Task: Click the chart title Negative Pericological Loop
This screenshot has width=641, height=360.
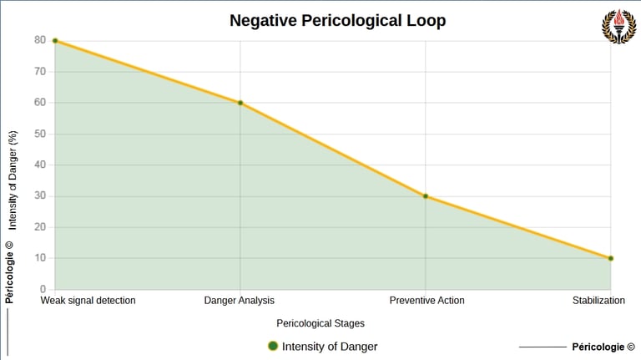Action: tap(337, 21)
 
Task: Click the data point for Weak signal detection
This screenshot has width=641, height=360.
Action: tap(55, 41)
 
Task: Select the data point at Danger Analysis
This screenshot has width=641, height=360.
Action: tap(240, 103)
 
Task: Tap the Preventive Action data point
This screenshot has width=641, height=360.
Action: tap(426, 196)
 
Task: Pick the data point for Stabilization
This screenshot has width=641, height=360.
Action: tap(611, 258)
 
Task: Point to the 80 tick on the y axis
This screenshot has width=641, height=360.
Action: tap(39, 40)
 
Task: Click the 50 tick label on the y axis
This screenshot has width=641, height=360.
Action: tap(39, 134)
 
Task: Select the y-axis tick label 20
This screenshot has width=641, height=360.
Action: tap(39, 227)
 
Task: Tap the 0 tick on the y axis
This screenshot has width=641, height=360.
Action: tap(43, 289)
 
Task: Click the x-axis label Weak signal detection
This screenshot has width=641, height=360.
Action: tap(88, 301)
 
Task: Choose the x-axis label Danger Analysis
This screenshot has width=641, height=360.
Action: tap(240, 301)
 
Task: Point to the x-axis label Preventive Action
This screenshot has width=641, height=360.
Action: tap(426, 301)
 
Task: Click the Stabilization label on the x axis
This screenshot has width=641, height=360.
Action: tap(598, 301)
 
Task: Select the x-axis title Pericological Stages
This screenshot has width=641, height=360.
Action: tap(320, 323)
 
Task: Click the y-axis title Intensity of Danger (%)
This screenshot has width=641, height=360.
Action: tap(13, 180)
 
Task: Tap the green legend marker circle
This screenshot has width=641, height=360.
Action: tap(272, 347)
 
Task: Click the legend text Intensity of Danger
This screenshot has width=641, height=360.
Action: tap(330, 347)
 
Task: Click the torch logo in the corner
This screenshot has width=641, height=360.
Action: tap(618, 26)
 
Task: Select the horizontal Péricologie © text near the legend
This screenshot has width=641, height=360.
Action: tap(603, 347)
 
